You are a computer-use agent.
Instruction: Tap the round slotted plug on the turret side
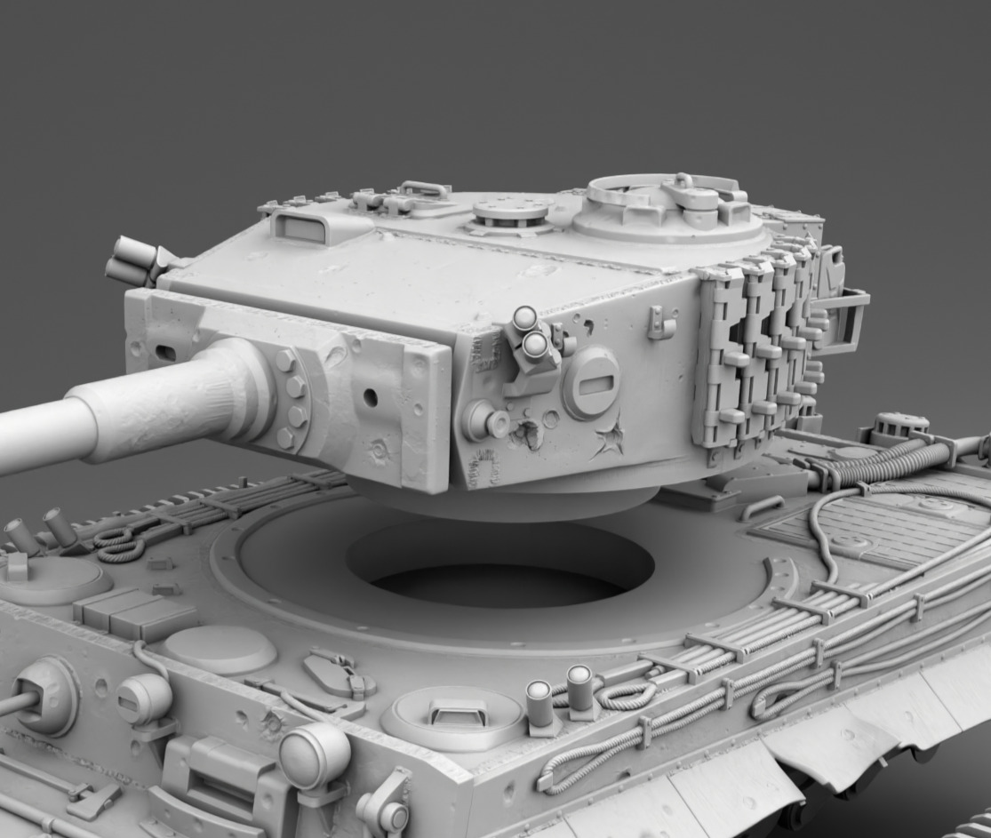pos(590,382)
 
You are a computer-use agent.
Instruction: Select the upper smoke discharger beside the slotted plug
pos(524,318)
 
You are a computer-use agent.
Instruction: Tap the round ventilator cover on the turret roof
pos(510,212)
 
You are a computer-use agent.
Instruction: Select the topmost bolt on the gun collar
pos(285,361)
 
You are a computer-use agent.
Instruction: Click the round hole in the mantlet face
pos(370,397)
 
